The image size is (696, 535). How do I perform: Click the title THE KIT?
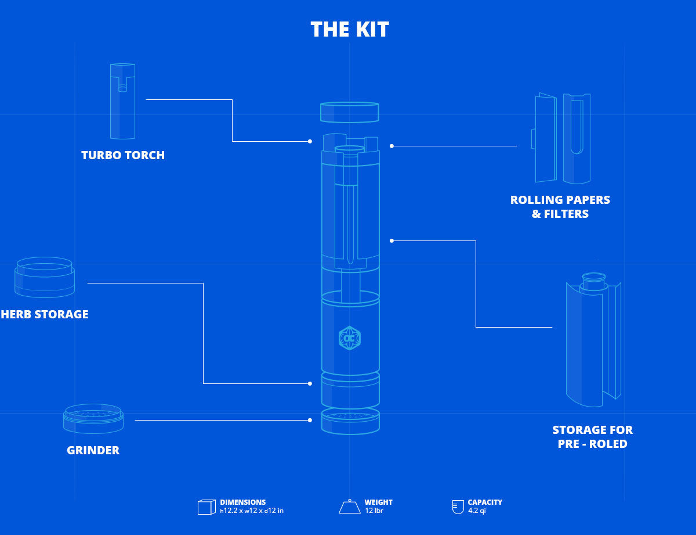(x=349, y=30)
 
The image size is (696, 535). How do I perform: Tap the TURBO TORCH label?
(x=123, y=155)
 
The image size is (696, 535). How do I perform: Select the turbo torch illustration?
(x=122, y=101)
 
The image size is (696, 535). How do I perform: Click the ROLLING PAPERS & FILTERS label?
(x=560, y=207)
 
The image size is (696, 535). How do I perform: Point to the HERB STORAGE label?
(x=45, y=314)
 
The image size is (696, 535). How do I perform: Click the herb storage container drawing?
(x=44, y=277)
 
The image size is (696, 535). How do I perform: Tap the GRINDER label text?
(x=93, y=450)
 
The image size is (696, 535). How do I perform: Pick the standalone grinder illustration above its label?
(x=93, y=418)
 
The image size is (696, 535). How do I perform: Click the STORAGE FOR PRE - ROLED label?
(x=592, y=437)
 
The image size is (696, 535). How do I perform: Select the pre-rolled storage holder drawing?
(x=593, y=340)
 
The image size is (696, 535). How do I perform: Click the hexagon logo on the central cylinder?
(x=350, y=338)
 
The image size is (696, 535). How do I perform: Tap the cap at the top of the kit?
(x=350, y=112)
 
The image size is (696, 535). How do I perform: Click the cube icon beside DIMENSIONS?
(x=206, y=507)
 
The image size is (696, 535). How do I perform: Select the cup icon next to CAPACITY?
(x=458, y=507)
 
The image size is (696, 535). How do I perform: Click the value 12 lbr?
(x=374, y=511)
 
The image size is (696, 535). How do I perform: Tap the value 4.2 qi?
(x=477, y=511)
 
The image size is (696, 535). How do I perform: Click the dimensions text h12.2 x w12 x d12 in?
(x=252, y=511)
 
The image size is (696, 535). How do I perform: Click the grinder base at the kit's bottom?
(x=350, y=421)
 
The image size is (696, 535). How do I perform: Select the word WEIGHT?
(x=378, y=502)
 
